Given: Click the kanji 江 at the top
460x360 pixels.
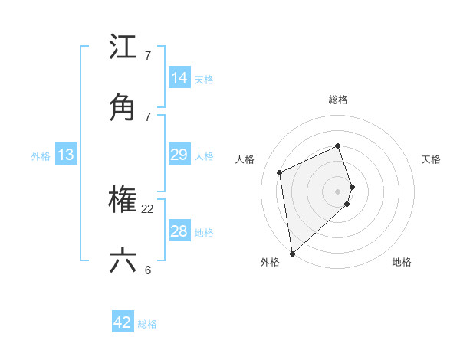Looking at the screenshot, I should (123, 47).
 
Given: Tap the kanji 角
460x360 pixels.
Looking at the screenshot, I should (123, 106).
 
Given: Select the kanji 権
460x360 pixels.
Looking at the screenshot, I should (123, 201).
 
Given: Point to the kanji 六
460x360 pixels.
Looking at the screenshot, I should (123, 260).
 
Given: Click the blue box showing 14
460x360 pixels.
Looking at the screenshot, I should (179, 77).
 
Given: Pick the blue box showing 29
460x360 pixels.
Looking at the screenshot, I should (179, 155).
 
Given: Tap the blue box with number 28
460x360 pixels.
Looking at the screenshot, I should (179, 231).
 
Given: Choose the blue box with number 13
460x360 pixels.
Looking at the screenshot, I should (66, 155).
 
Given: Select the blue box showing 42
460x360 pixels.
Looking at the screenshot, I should (123, 322).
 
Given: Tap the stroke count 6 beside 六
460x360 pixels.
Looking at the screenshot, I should (148, 270).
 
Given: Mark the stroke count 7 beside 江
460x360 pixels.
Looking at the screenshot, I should (148, 56).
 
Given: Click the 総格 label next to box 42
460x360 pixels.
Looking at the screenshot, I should (147, 324).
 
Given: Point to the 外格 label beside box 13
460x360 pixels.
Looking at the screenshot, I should (41, 156).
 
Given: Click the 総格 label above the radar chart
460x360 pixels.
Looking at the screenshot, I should (338, 100).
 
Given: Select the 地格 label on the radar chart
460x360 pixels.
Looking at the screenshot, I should (402, 262).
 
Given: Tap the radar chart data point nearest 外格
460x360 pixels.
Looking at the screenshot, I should (292, 253).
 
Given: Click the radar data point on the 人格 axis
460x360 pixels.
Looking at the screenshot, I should (280, 172).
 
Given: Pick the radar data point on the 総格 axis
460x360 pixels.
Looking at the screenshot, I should (337, 146).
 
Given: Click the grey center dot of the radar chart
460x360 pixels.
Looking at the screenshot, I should (338, 191).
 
